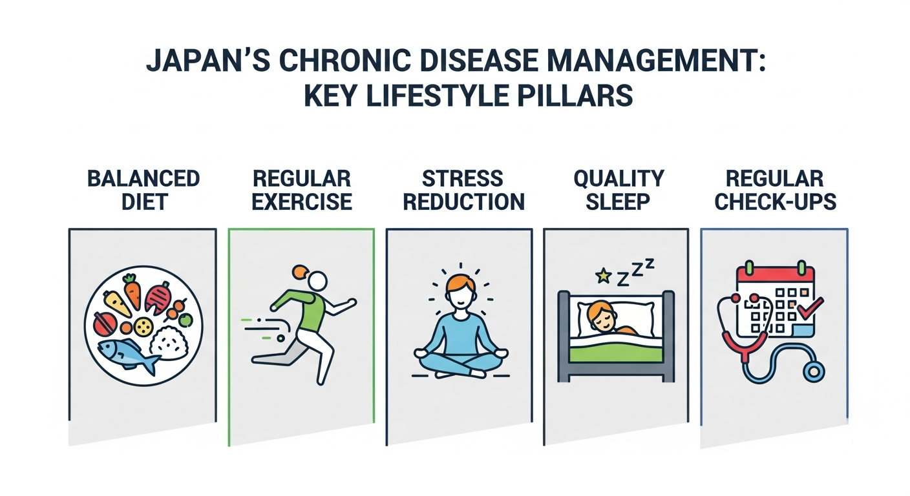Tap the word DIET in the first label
click(x=145, y=202)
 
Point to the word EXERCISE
click(x=302, y=202)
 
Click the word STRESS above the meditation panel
click(x=463, y=179)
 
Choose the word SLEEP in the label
click(x=617, y=202)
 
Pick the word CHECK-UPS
click(x=775, y=202)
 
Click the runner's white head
click(x=317, y=280)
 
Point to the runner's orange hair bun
click(x=301, y=271)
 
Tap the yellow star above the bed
click(x=603, y=276)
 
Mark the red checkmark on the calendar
click(x=810, y=308)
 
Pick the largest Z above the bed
click(x=623, y=279)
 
